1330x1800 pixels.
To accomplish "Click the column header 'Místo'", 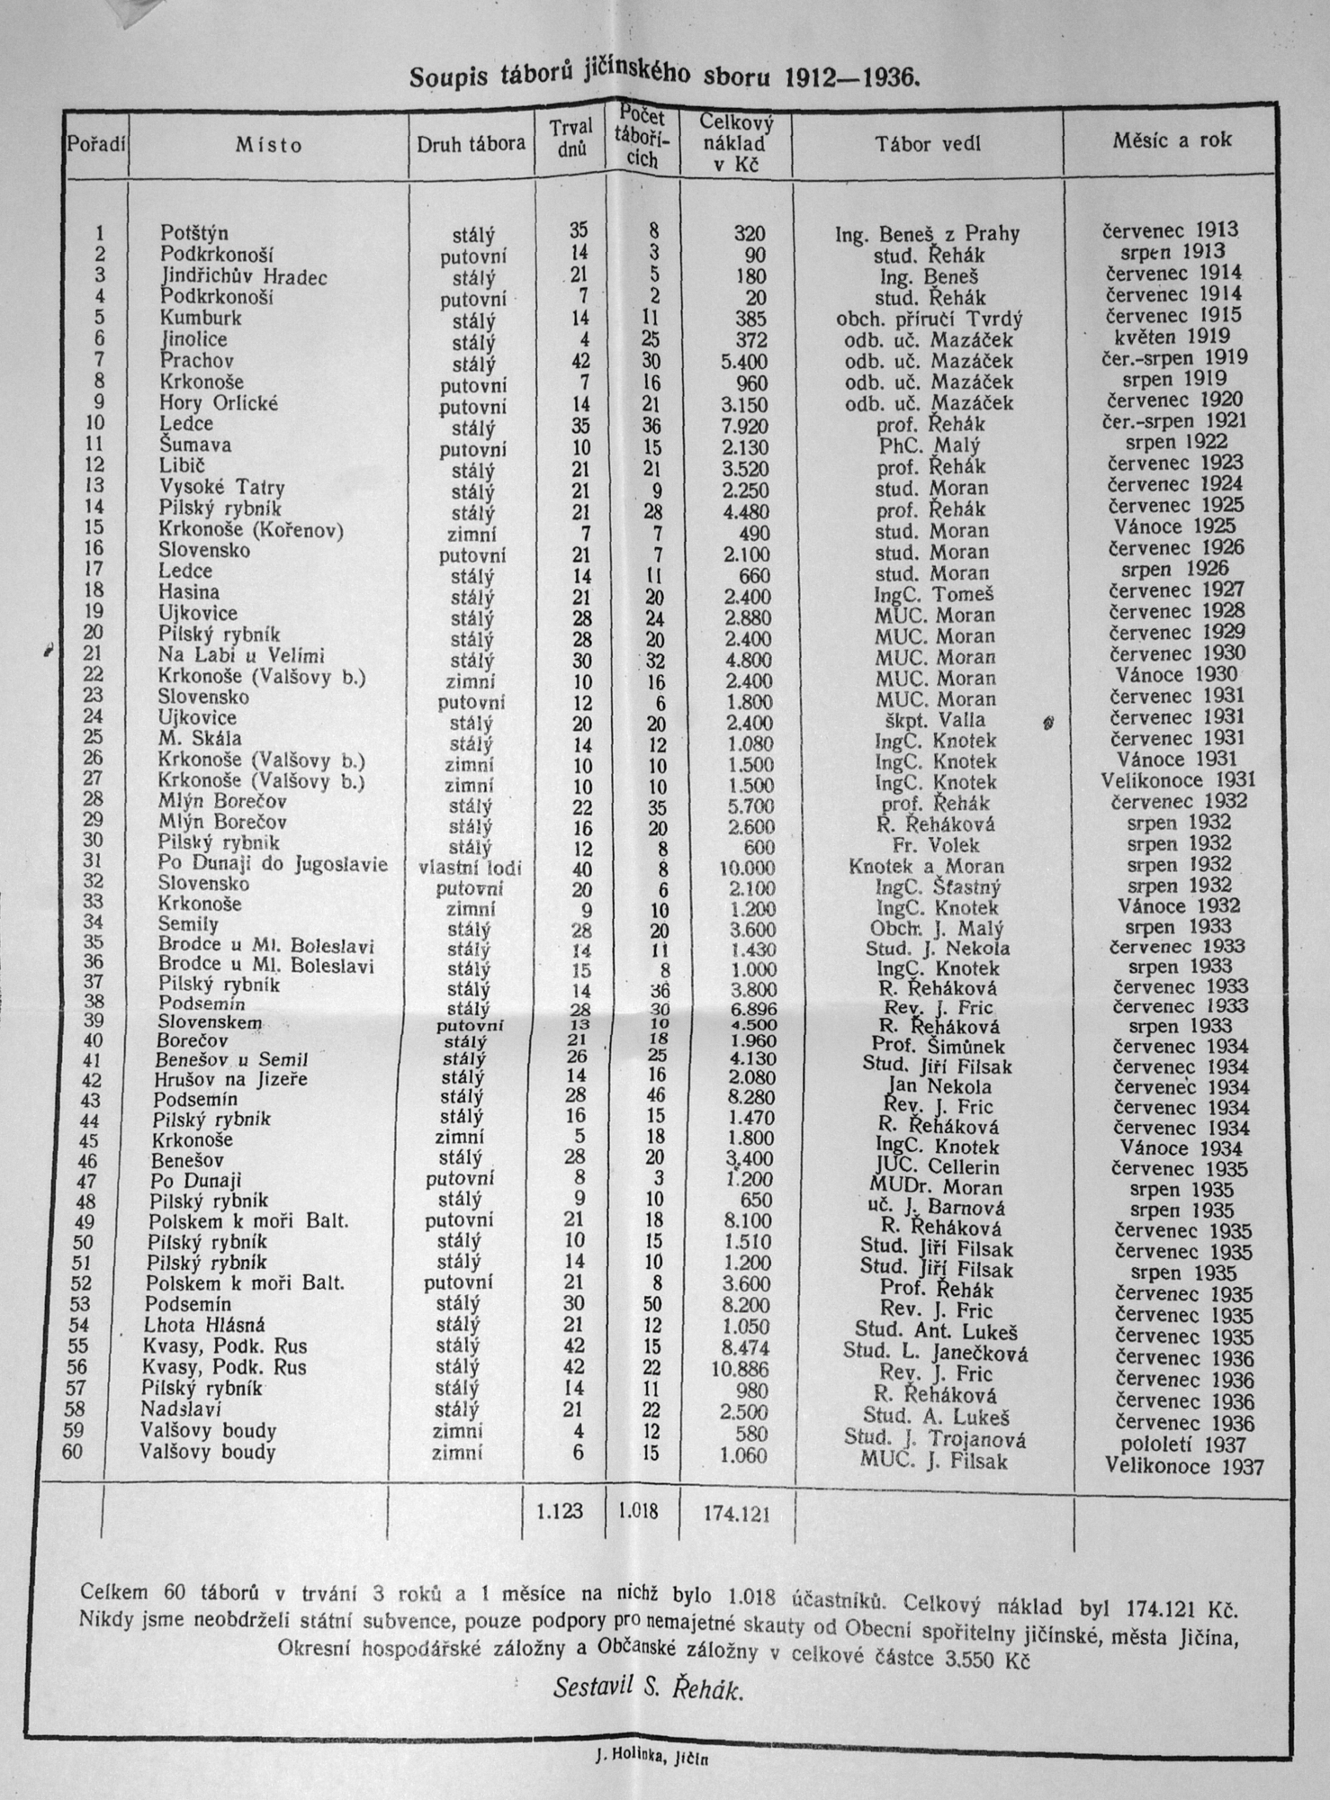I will (x=269, y=144).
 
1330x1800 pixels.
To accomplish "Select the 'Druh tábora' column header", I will (x=471, y=143).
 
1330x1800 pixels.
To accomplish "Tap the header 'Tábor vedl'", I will (x=928, y=143).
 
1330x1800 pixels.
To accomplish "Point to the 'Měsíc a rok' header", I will (x=1172, y=139).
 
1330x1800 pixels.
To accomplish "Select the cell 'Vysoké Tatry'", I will (x=221, y=488).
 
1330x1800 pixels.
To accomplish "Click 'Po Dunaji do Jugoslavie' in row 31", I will (x=273, y=865).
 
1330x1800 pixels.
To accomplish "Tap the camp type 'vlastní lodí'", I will (x=471, y=868).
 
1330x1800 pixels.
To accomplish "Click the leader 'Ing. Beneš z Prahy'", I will (x=928, y=235).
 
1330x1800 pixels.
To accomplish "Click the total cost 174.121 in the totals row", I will (x=737, y=1515).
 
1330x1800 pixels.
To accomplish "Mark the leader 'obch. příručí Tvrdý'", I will (x=930, y=319).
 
